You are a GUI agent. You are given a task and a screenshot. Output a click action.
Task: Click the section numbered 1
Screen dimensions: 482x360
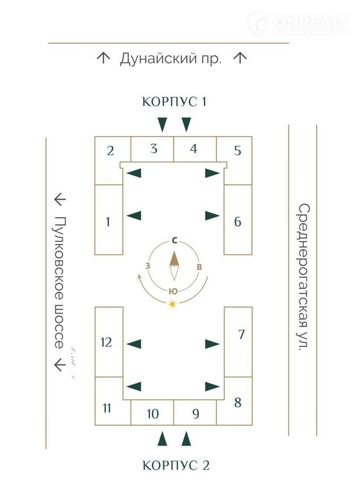coord(108,221)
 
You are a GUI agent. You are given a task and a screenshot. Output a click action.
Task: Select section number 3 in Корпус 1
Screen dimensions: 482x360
coord(153,149)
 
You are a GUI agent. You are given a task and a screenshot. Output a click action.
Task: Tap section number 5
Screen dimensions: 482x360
coord(238,150)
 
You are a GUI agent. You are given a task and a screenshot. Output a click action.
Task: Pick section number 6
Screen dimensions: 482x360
coord(238,221)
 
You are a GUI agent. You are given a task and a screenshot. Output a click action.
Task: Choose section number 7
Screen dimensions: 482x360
coord(241,335)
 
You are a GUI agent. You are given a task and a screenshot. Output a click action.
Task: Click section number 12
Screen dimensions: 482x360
coord(107,342)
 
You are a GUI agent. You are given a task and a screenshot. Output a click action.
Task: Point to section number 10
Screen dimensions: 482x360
coord(153,414)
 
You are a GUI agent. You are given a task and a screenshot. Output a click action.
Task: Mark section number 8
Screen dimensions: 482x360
coord(238,403)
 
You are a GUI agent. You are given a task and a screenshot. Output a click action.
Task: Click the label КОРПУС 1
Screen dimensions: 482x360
coord(174,102)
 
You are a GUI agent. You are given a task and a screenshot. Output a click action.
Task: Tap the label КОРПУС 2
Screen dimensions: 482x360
coord(176,466)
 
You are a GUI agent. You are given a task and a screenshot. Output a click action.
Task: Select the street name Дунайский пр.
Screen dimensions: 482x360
coord(170,58)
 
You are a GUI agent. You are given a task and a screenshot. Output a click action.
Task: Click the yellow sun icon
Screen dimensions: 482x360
coord(172,304)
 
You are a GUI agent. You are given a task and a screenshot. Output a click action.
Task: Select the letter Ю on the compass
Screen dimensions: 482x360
coord(173,291)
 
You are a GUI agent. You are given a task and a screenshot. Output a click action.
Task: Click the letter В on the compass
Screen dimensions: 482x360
coord(199,266)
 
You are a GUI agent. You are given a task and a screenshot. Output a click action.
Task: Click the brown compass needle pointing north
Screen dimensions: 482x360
coord(174,258)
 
